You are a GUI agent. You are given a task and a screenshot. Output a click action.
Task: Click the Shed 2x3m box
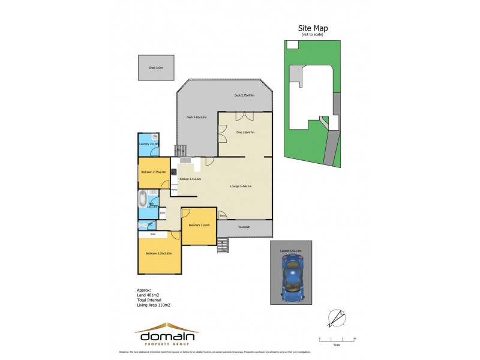tap(155, 68)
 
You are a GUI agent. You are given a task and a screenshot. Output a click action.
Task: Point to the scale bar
tap(337, 340)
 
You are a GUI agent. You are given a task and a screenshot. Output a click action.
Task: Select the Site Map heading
tap(313, 28)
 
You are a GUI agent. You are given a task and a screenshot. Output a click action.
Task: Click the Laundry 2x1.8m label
tap(148, 145)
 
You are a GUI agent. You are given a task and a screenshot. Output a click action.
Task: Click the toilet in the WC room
tap(142, 225)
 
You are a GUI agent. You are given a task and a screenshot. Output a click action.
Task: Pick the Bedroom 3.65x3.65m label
tap(158, 254)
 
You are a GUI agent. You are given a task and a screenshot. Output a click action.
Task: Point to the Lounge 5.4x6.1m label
tap(241, 187)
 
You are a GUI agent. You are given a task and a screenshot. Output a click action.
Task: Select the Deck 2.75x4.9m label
tap(244, 95)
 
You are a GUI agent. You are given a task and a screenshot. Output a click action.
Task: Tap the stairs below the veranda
tap(223, 245)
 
